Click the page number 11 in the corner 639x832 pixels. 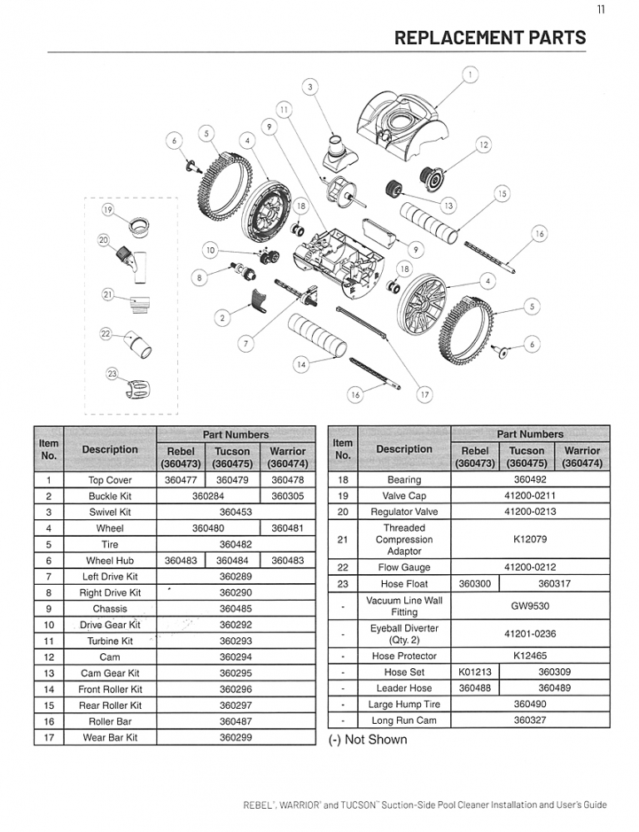pos(601,10)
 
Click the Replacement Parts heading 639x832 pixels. pos(489,37)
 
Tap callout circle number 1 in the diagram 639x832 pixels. pos(471,75)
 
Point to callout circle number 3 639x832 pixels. pos(311,87)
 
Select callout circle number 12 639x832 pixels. pos(483,145)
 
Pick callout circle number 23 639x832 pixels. pos(111,374)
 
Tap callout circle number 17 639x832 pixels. pos(424,394)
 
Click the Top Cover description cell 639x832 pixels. pos(110,480)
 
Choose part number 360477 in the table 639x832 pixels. pos(181,480)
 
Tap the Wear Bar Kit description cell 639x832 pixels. pos(110,738)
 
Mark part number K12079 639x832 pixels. pos(530,539)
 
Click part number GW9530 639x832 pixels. pos(530,607)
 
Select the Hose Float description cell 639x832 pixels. pos(404,584)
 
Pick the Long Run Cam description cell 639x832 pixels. pos(404,721)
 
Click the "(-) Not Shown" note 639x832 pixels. pos(368,740)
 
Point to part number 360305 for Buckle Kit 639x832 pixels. pos(288,496)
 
